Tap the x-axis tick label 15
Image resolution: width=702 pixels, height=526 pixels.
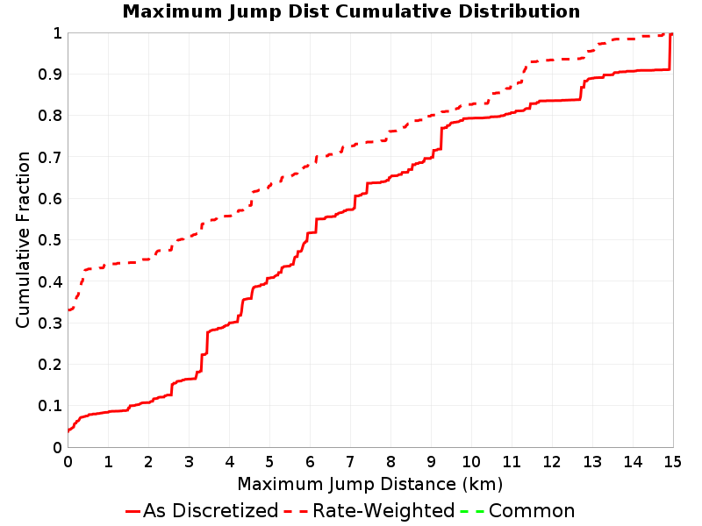tap(672, 461)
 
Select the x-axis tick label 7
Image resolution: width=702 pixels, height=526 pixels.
tap(350, 461)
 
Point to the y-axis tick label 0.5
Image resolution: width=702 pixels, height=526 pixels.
tap(50, 240)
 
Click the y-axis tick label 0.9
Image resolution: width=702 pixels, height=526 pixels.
tap(50, 75)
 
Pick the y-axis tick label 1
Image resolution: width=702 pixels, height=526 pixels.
tap(57, 33)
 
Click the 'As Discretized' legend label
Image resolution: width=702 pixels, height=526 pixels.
tap(211, 510)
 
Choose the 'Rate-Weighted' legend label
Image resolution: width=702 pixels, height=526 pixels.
tap(383, 510)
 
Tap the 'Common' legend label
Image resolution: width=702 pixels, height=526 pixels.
tap(532, 510)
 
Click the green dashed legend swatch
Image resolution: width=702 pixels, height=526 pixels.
tap(472, 511)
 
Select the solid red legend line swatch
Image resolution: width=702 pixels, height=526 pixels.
tap(133, 511)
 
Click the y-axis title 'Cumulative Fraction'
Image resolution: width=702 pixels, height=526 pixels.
tap(23, 239)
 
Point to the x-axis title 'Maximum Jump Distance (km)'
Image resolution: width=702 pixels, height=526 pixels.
tap(369, 484)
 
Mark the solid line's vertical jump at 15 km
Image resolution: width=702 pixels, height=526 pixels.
tap(670, 51)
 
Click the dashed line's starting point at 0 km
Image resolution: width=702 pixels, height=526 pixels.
tap(68, 309)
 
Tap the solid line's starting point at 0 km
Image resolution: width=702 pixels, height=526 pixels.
tap(68, 431)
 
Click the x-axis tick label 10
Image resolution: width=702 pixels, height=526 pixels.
tap(471, 461)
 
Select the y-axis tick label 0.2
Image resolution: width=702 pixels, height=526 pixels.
tap(50, 365)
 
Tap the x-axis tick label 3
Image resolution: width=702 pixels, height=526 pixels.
tap(189, 461)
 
